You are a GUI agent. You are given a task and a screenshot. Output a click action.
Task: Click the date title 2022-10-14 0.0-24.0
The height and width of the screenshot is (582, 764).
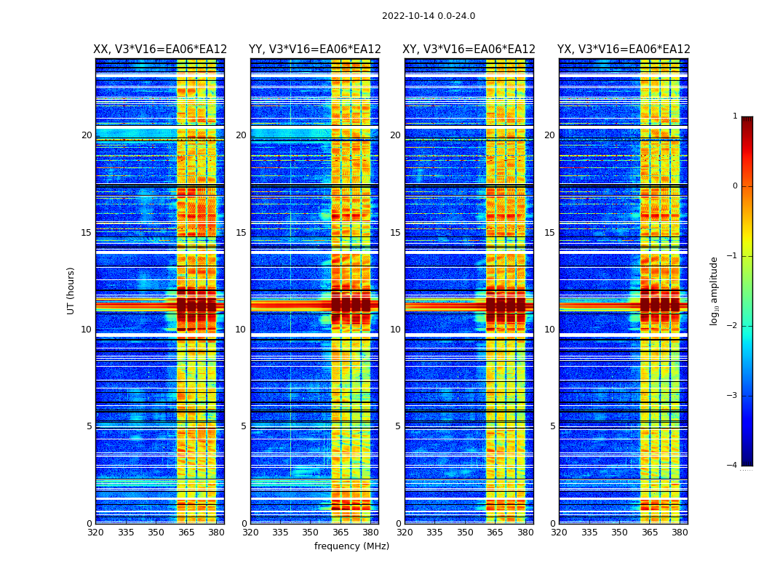(x=428, y=16)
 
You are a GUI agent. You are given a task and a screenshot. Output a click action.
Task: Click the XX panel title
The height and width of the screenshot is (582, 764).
(x=160, y=49)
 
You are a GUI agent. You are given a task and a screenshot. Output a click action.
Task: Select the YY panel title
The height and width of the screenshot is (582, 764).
(x=314, y=49)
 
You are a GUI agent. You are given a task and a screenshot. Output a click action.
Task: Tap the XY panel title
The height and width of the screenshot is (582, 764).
(x=469, y=49)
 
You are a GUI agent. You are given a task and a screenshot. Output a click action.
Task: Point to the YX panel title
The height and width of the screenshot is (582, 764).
(x=624, y=49)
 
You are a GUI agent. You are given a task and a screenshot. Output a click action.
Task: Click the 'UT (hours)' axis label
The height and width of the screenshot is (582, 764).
(x=71, y=290)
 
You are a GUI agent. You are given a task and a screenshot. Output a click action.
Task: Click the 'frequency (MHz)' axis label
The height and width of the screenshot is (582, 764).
(x=351, y=546)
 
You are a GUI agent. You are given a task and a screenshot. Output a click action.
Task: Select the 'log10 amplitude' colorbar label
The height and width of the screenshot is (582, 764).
(x=715, y=290)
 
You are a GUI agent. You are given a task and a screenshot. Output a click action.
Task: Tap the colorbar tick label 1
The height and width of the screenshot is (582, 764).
(x=735, y=116)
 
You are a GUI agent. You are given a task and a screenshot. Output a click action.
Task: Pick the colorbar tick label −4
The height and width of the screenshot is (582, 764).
(x=733, y=466)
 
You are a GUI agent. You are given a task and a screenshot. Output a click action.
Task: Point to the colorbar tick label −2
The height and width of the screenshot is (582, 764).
(x=733, y=326)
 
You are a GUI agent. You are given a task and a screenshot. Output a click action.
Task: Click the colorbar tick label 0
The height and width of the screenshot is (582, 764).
(x=735, y=186)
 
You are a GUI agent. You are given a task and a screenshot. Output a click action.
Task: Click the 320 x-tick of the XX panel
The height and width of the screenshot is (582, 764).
(x=95, y=533)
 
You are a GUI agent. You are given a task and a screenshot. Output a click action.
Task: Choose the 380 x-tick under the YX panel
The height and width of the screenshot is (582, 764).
(x=680, y=533)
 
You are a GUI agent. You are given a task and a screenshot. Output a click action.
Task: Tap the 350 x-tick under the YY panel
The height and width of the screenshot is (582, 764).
(x=311, y=533)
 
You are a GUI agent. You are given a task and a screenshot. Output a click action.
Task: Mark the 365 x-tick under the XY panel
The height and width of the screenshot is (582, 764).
(x=495, y=533)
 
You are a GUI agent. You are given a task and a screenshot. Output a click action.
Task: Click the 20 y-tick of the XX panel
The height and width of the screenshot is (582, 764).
(x=87, y=135)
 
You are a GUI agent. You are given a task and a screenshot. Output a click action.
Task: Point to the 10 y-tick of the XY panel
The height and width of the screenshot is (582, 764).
(x=395, y=330)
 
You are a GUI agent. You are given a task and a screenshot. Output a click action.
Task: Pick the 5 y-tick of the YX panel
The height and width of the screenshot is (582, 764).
(x=552, y=426)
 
